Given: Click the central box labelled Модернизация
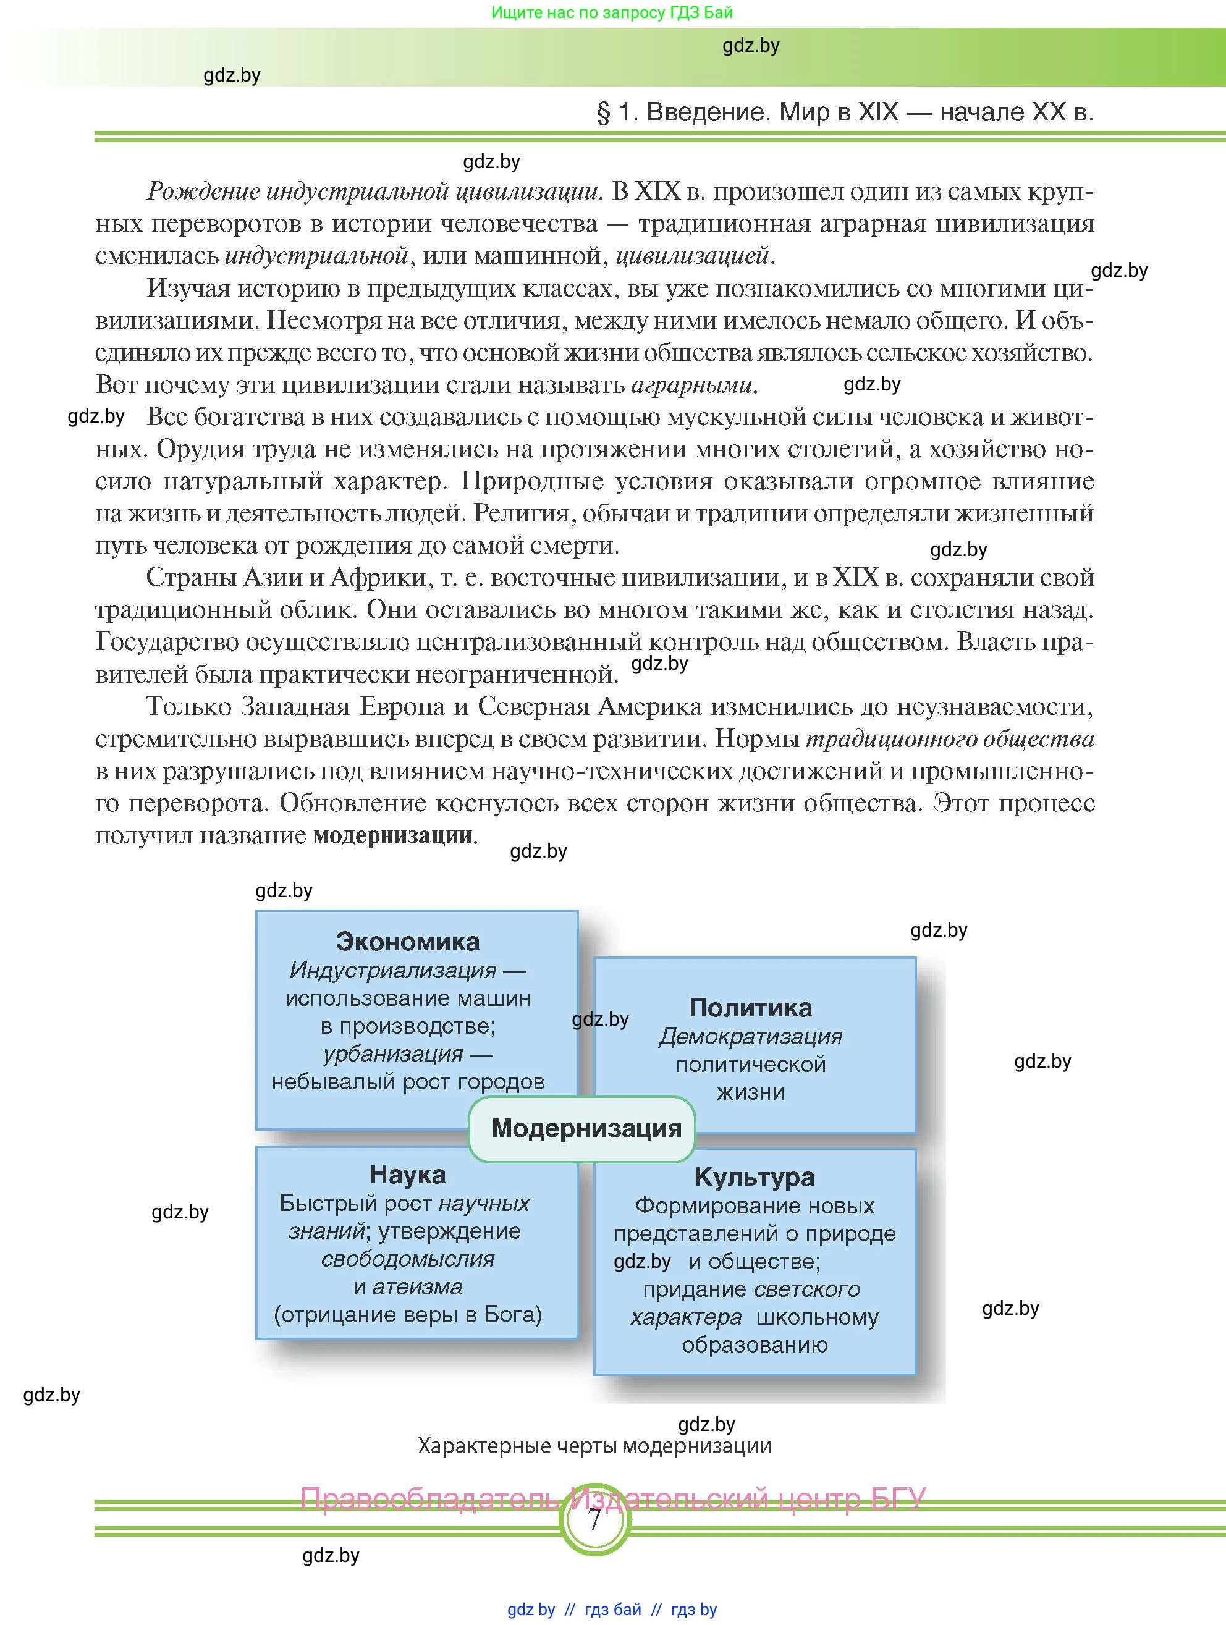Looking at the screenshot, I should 585,1128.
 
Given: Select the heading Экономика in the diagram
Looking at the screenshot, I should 408,941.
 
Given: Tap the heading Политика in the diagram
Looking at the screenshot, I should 751,1007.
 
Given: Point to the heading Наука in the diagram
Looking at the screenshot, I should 408,1175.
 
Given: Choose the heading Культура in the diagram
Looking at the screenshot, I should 755,1177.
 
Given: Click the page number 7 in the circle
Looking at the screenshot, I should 595,1519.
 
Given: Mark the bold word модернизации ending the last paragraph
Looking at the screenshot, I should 394,835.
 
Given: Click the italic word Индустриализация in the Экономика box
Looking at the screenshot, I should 393,971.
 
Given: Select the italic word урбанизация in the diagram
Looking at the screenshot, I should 393,1054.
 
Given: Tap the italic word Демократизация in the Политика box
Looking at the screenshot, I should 751,1037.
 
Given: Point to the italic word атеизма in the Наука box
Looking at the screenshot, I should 417,1287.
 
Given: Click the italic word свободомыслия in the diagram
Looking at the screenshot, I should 408,1259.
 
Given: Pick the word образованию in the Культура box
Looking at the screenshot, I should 755,1345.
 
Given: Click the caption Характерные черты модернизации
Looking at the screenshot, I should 594,1446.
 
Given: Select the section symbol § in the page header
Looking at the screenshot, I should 603,112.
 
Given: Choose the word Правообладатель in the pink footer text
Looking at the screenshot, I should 429,1498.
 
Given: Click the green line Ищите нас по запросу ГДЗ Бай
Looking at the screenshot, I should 612,12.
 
